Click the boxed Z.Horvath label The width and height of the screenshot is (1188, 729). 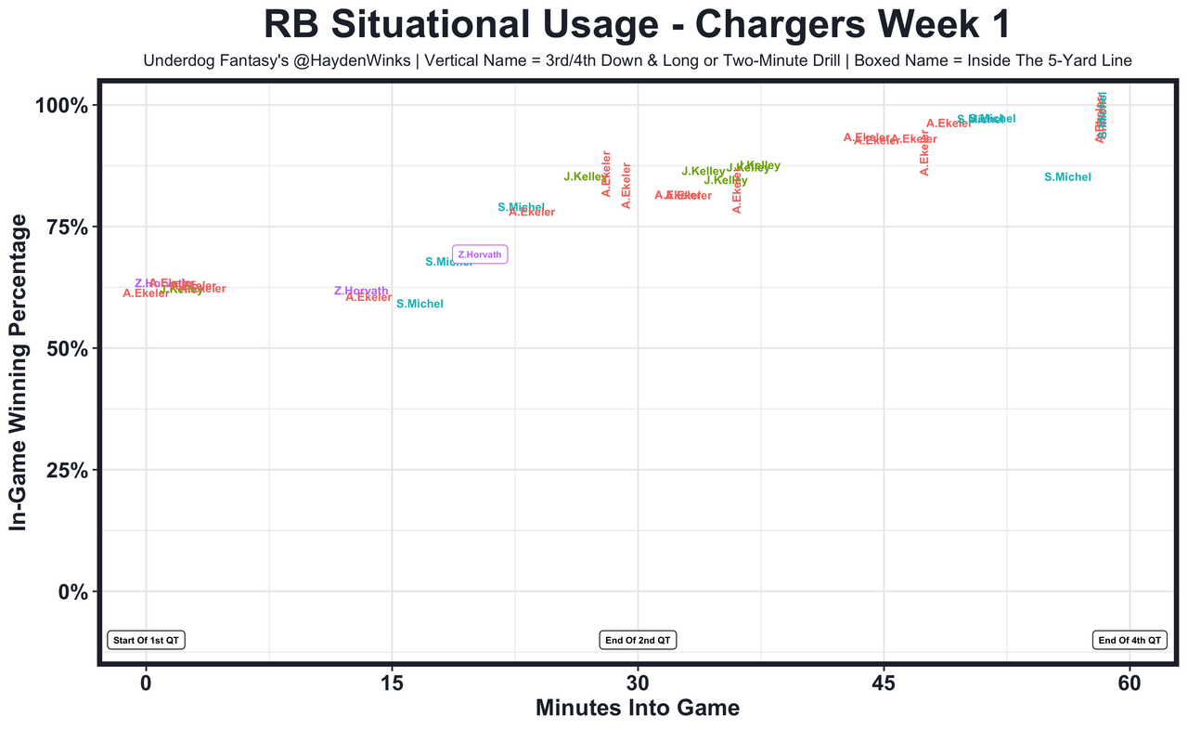pyautogui.click(x=480, y=254)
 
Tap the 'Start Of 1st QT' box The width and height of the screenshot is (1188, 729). pyautogui.click(x=147, y=640)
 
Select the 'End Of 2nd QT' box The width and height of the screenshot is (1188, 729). pyautogui.click(x=639, y=640)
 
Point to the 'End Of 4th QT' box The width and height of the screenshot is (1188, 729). pyautogui.click(x=1130, y=640)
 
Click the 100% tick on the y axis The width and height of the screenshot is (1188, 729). pyautogui.click(x=62, y=106)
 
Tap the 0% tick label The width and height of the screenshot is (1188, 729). pyautogui.click(x=72, y=592)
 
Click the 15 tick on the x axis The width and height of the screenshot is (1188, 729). pyautogui.click(x=392, y=683)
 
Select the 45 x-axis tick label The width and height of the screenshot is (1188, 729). pyautogui.click(x=884, y=683)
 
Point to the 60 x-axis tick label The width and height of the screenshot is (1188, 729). pyautogui.click(x=1130, y=683)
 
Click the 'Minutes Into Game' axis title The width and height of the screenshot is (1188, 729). pyautogui.click(x=638, y=709)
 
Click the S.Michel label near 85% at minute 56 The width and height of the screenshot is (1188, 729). pyautogui.click(x=1067, y=177)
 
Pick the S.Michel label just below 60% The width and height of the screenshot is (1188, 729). pyautogui.click(x=420, y=305)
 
